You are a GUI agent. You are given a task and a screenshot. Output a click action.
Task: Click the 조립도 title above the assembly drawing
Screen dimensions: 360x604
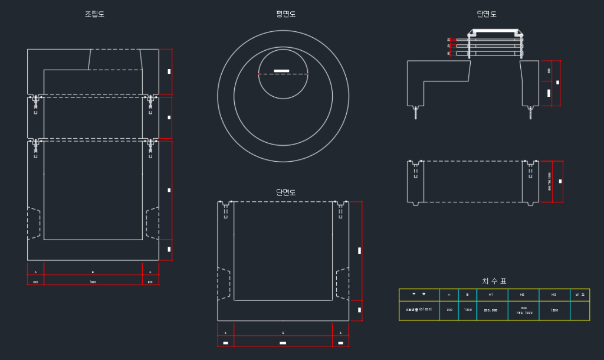pyautogui.click(x=94, y=14)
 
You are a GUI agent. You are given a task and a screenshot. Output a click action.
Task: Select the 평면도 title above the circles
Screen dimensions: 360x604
pyautogui.click(x=286, y=14)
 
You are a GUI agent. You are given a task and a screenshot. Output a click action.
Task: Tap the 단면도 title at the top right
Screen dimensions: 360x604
pyautogui.click(x=487, y=14)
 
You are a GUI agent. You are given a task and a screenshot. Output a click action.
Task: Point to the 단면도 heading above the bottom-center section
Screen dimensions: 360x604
pyautogui.click(x=286, y=192)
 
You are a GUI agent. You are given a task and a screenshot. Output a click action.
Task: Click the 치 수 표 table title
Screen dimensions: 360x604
pyautogui.click(x=494, y=281)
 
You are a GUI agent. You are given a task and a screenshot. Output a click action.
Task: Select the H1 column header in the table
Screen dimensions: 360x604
pyautogui.click(x=491, y=294)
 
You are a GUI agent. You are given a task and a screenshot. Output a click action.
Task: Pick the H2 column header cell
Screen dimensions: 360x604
pyautogui.click(x=522, y=294)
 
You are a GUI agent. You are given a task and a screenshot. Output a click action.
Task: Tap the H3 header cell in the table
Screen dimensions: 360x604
pyautogui.click(x=554, y=294)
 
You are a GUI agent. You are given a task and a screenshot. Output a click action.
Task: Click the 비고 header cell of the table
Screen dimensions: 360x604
pyautogui.click(x=580, y=294)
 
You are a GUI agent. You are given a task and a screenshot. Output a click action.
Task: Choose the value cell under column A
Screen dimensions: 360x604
pyautogui.click(x=449, y=310)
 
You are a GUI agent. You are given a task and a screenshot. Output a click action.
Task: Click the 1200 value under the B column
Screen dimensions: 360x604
pyautogui.click(x=468, y=310)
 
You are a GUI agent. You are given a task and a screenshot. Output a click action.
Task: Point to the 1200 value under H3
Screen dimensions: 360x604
pyautogui.click(x=554, y=310)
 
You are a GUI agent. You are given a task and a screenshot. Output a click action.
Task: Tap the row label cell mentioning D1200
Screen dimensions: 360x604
pyautogui.click(x=419, y=310)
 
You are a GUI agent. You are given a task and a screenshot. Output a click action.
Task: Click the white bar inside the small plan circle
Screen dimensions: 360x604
pyautogui.click(x=282, y=71)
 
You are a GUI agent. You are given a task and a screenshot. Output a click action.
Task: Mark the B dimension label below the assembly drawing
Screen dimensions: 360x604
pyautogui.click(x=93, y=272)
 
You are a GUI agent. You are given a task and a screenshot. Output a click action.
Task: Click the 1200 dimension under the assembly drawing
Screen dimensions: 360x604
pyautogui.click(x=93, y=282)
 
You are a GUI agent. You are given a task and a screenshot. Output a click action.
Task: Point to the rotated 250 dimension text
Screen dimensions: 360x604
pyautogui.click(x=549, y=70)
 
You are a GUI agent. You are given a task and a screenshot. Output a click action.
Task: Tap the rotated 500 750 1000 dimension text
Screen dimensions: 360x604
pyautogui.click(x=550, y=181)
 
